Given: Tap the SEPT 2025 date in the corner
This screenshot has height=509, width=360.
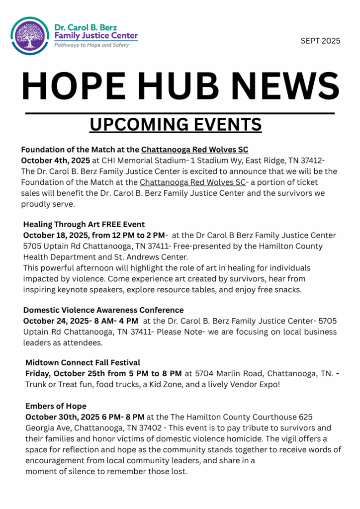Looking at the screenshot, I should pos(320,41).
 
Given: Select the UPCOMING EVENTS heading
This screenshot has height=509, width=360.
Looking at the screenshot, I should pos(176,124).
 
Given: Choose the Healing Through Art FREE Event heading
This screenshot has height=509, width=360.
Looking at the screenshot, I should pos(84,224).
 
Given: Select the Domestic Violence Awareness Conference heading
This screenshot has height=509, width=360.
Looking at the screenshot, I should pos(103,310).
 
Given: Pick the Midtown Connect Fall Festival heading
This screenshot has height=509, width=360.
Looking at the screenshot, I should pos(83,363).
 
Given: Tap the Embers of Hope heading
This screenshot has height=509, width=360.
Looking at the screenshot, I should pos(56,406).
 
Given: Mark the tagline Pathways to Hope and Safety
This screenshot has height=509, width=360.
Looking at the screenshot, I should pos(91,45).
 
